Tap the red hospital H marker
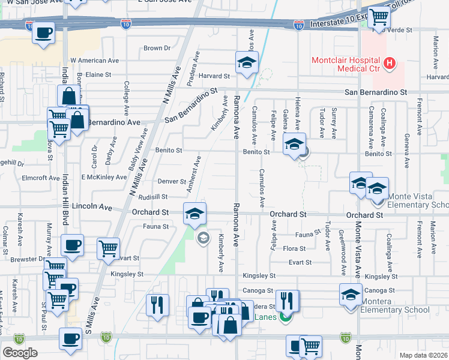390,63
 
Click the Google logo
20,353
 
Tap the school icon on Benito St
294,145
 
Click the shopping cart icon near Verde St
379,18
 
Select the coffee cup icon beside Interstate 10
43,33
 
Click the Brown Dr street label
157,48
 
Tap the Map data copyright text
423,355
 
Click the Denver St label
172,181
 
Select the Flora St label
294,248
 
